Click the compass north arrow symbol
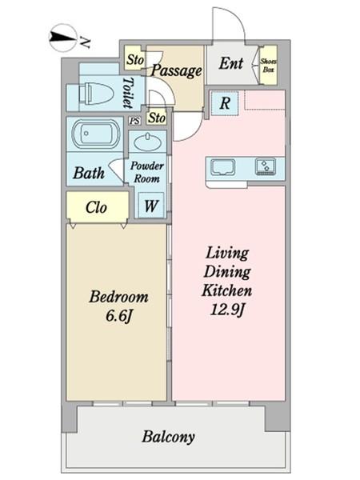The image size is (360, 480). pos(62,38)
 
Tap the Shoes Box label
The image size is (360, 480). pos(269,66)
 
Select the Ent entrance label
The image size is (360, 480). pos(231,63)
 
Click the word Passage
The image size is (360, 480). pos(177,71)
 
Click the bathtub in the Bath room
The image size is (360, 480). pos(96,134)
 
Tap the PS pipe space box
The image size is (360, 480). pos(134,121)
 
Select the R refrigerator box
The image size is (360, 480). pos(225,103)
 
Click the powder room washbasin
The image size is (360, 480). pos(148,142)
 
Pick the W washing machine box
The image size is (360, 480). pos(151,205)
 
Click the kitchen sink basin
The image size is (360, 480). pos(223,167)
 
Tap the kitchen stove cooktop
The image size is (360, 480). pos(266,166)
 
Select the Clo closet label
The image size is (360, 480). pos(96,207)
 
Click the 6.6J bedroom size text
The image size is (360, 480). pos(118,316)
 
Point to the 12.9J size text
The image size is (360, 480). pos(227,310)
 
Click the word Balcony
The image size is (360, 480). pos(168,437)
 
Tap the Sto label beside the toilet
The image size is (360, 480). pos(134,60)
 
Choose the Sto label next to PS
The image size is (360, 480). pos(157,118)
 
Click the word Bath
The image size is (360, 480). pos(89,173)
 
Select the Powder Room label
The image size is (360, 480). pos(147,172)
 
